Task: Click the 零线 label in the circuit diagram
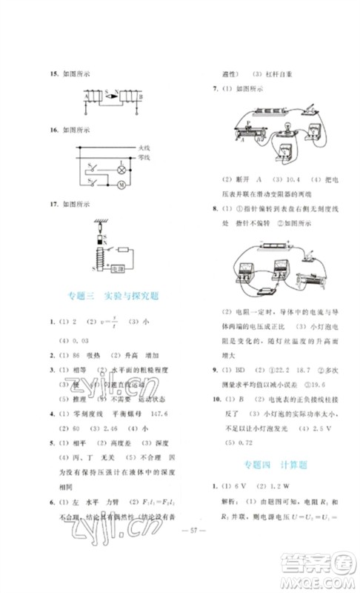tap(145, 158)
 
